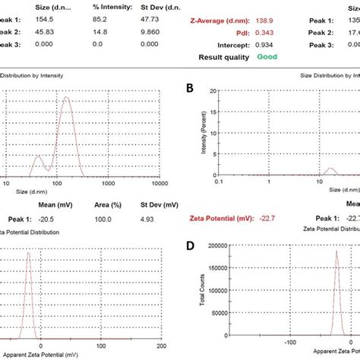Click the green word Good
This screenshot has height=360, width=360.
click(x=267, y=56)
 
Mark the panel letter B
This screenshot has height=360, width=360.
click(x=191, y=90)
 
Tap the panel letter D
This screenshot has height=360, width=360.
click(x=191, y=246)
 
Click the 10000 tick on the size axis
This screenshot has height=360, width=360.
click(x=160, y=183)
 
